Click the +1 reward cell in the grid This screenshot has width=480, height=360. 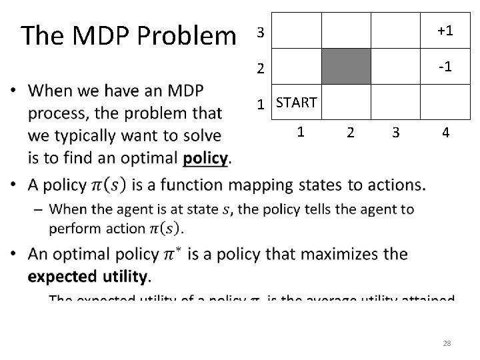click(x=445, y=31)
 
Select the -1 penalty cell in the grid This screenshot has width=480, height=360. click(x=445, y=67)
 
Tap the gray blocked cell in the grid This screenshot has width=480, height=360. click(x=347, y=66)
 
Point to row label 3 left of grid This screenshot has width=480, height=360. click(x=261, y=33)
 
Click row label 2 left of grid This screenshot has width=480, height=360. click(x=261, y=68)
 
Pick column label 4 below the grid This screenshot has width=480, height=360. click(x=445, y=133)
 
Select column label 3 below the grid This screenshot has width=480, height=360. click(x=396, y=133)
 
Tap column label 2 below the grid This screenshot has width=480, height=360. click(x=351, y=133)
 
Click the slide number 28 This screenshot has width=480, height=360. click(x=447, y=343)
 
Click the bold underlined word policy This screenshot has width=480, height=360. click(x=206, y=158)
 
